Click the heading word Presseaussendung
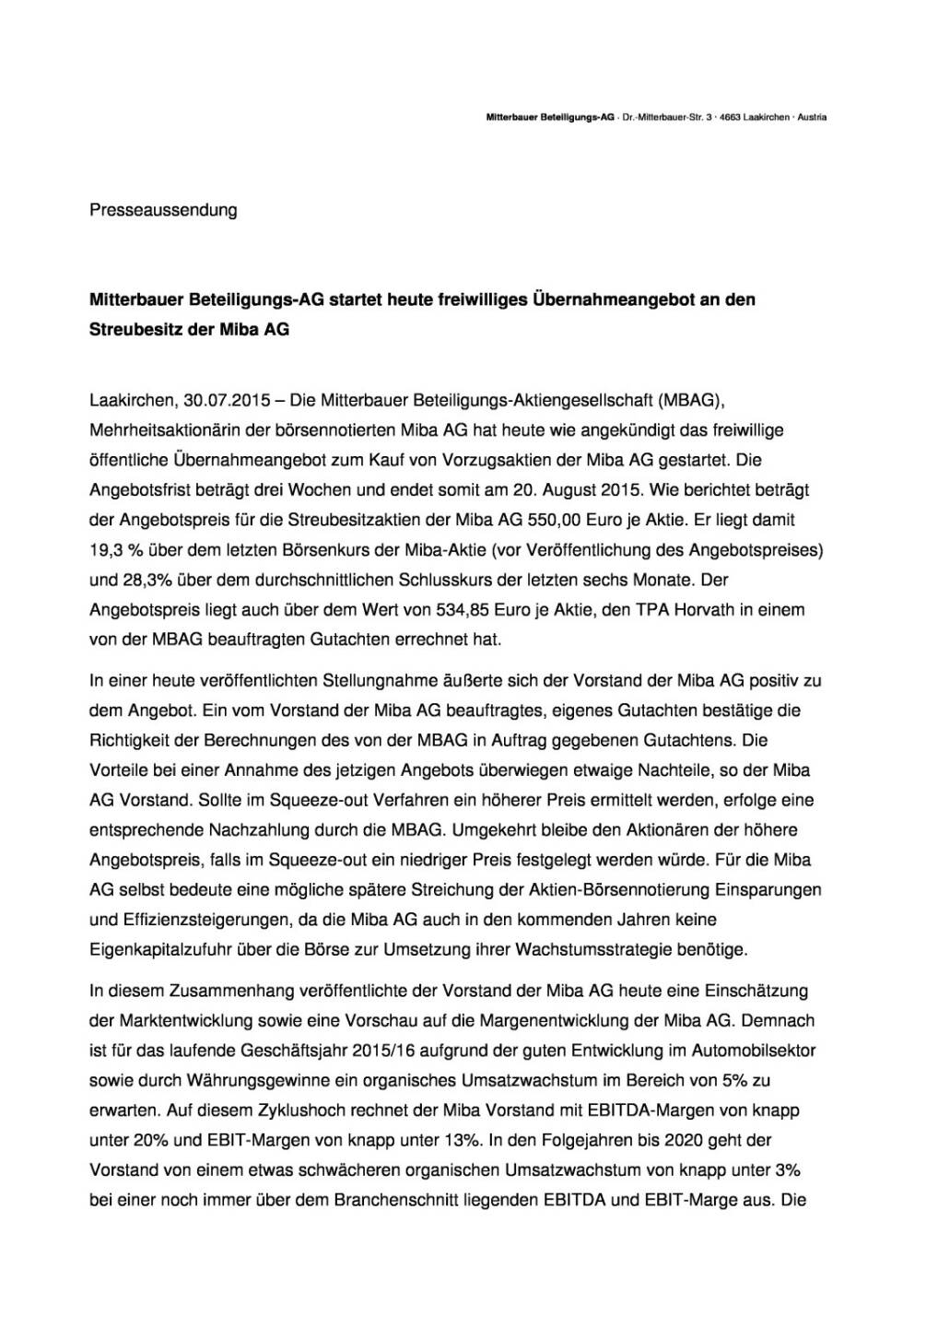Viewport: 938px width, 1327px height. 163,210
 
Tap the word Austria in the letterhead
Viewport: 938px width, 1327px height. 812,118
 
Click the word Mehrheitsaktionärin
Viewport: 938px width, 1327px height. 170,430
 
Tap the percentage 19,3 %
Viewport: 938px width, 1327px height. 114,550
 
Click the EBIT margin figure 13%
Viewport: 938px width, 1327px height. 461,1140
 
